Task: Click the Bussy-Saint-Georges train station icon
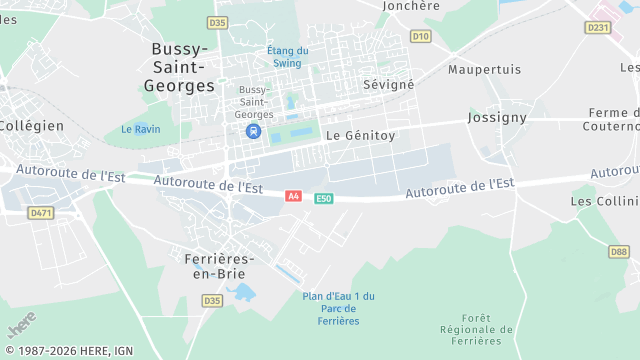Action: pos(254,131)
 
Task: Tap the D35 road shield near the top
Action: pos(217,22)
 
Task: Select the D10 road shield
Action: pos(420,36)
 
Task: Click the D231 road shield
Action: pos(598,27)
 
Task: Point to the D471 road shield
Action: pos(40,213)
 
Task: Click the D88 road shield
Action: pos(619,252)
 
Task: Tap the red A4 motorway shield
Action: pos(293,197)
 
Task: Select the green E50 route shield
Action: pos(323,199)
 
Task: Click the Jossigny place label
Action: pos(497,117)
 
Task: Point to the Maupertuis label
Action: pos(485,70)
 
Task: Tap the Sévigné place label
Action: pos(389,85)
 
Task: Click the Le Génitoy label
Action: pos(361,134)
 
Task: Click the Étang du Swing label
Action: pos(288,56)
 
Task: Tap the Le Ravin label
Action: pos(140,129)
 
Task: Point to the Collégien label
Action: pos(31,125)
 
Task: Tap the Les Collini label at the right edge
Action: pos(604,201)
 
